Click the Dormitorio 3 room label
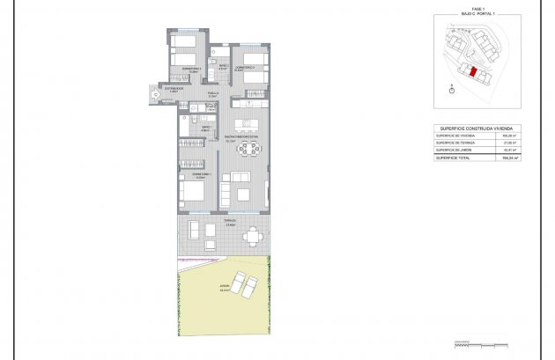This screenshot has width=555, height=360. point(192,70)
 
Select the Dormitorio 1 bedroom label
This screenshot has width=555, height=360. point(192,174)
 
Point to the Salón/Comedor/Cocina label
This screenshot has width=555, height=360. point(240,137)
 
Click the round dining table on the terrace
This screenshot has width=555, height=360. point(254,235)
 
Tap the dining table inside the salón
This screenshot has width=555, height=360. point(248,151)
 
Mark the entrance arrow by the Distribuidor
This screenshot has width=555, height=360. point(156,94)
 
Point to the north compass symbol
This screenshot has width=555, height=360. point(452,87)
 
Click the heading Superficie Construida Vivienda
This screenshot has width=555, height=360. point(477,129)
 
